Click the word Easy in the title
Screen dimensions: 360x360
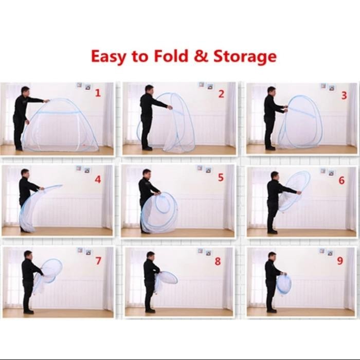point(110,56)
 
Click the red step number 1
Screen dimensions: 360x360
point(97,93)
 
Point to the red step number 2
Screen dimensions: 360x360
point(221,94)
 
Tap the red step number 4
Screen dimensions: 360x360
point(97,181)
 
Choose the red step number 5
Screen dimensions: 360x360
point(221,178)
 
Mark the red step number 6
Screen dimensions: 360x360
point(341,181)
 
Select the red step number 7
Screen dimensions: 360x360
point(98,261)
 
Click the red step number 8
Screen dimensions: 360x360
point(218,262)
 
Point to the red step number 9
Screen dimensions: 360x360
point(339,261)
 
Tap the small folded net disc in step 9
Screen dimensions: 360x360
point(283,284)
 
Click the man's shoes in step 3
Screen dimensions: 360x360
point(270,148)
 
